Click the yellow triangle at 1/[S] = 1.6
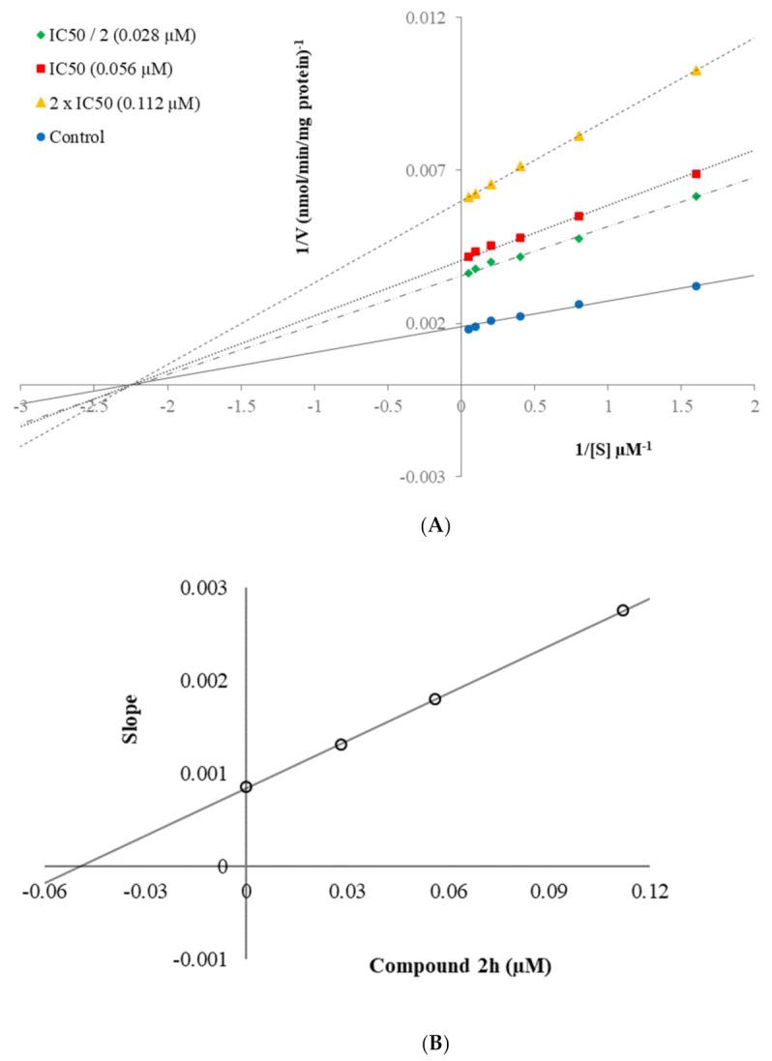pos(696,71)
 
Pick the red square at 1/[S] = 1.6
pos(696,174)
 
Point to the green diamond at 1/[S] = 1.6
pos(696,196)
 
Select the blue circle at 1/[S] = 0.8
pos(579,304)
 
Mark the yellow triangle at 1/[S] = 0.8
pos(579,136)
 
